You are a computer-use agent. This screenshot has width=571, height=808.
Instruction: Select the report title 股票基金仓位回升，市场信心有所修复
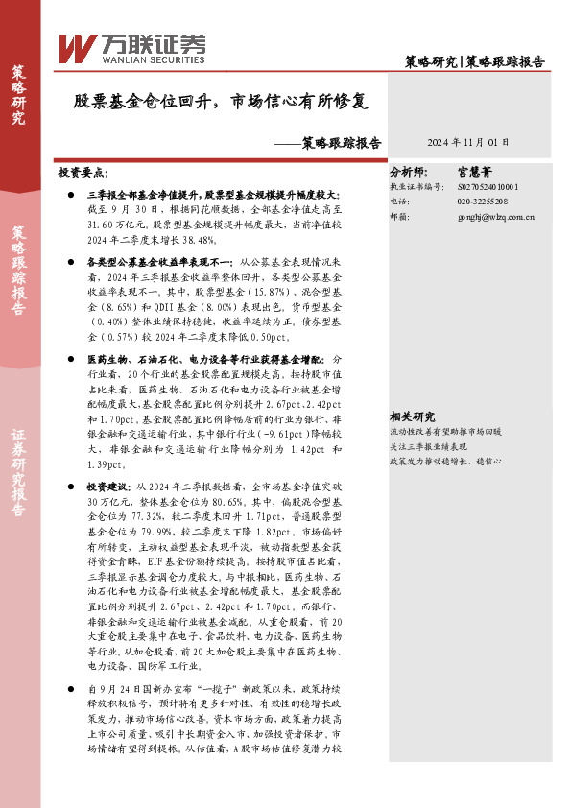220,100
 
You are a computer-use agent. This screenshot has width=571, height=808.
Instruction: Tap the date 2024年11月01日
468,142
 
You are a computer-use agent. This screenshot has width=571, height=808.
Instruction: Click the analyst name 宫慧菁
477,174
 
